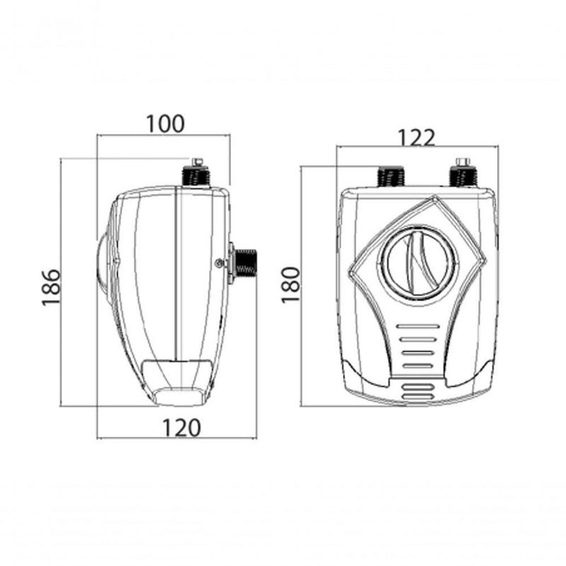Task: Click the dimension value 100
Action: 166,124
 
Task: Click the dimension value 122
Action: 416,137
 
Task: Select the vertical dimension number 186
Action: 51,287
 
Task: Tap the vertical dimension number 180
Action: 291,285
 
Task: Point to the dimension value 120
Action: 181,428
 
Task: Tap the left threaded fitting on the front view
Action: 391,178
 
